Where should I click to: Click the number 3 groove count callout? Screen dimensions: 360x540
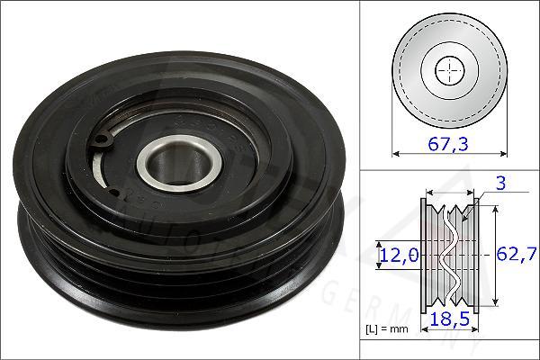click(499, 184)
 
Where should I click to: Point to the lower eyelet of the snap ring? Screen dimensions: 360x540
click(111, 191)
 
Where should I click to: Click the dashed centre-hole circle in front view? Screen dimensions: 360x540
click(450, 70)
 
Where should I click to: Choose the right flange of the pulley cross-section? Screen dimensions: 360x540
click(478, 255)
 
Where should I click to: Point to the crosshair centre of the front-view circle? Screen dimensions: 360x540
click(450, 70)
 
